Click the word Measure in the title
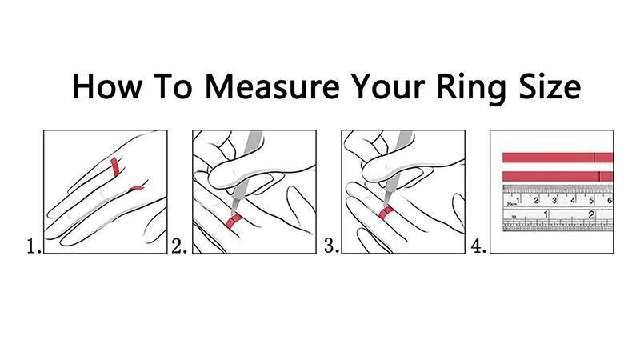[271, 86]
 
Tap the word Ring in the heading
[473, 88]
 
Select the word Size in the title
[550, 86]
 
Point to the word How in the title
[107, 86]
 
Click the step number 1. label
[34, 246]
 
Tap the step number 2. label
[178, 246]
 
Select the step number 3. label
[331, 246]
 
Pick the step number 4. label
[478, 246]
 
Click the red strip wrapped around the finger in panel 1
[114, 167]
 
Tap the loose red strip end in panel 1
[136, 189]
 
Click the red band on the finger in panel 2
[234, 221]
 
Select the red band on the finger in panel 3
[386, 212]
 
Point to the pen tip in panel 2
[232, 212]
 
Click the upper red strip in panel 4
[558, 158]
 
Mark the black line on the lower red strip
[599, 176]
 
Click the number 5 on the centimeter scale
[591, 201]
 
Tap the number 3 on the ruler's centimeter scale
[554, 201]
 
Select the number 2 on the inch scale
[590, 214]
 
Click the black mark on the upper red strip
[594, 158]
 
